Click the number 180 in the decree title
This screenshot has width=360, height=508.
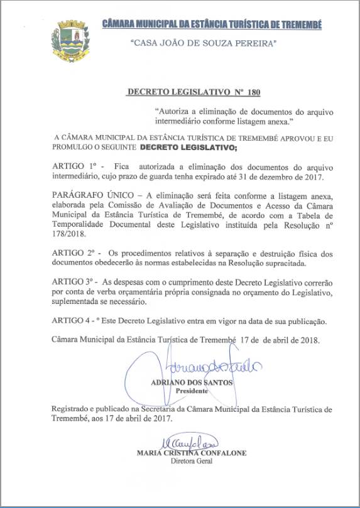[x=254, y=92]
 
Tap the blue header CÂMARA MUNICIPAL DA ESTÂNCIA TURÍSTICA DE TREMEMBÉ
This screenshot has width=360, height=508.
[x=212, y=24]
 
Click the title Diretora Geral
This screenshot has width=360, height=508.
[x=192, y=461]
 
